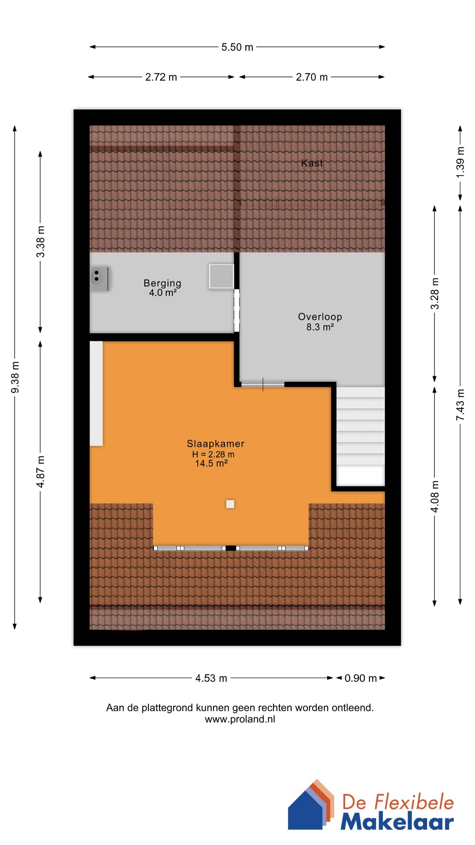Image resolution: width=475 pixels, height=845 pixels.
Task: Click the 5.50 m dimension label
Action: [237, 47]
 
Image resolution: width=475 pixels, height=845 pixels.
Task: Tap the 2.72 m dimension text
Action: [161, 77]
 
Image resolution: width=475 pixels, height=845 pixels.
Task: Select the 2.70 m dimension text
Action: [312, 77]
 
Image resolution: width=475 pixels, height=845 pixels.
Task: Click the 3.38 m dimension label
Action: [41, 242]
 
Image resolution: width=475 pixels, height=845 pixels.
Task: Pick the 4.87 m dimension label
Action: [41, 472]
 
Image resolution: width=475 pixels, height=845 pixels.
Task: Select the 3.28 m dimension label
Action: [435, 293]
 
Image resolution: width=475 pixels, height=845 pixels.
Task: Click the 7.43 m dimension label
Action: [460, 405]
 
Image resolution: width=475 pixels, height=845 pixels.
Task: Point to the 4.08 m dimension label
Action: [435, 497]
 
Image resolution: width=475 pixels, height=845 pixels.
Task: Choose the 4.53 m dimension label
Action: [211, 678]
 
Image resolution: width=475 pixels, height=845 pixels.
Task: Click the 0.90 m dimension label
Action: [360, 678]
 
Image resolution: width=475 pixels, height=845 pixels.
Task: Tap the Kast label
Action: [312, 163]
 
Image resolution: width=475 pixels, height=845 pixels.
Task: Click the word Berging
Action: [162, 283]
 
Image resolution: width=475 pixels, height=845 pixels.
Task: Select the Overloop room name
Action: [320, 317]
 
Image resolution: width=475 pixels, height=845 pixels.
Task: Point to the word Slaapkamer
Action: [215, 444]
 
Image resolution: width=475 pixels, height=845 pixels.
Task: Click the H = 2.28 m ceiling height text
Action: [213, 454]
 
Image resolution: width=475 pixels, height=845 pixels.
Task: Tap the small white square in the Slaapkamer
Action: [230, 504]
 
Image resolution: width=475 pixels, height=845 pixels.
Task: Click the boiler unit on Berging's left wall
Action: [100, 279]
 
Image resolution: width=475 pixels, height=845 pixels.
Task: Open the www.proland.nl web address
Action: [240, 719]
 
